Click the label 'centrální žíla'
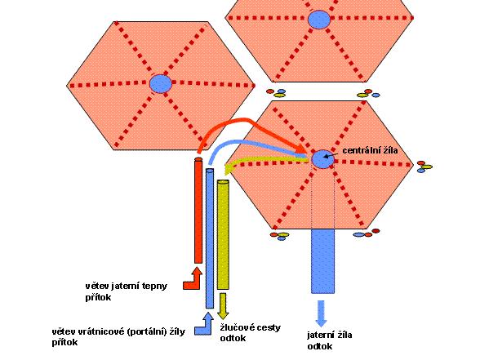(370, 150)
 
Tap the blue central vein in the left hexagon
(161, 83)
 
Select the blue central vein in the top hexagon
(319, 20)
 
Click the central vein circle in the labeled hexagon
(322, 159)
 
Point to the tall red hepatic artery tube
(198, 211)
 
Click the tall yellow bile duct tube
(223, 234)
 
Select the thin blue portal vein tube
(210, 238)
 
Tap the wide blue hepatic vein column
(322, 261)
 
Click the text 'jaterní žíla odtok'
(330, 340)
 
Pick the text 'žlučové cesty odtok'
(250, 333)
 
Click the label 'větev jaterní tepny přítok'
(126, 291)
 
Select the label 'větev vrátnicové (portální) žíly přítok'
(118, 336)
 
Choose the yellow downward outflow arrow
(223, 306)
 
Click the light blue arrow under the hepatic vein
(321, 313)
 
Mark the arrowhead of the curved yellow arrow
(229, 168)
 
